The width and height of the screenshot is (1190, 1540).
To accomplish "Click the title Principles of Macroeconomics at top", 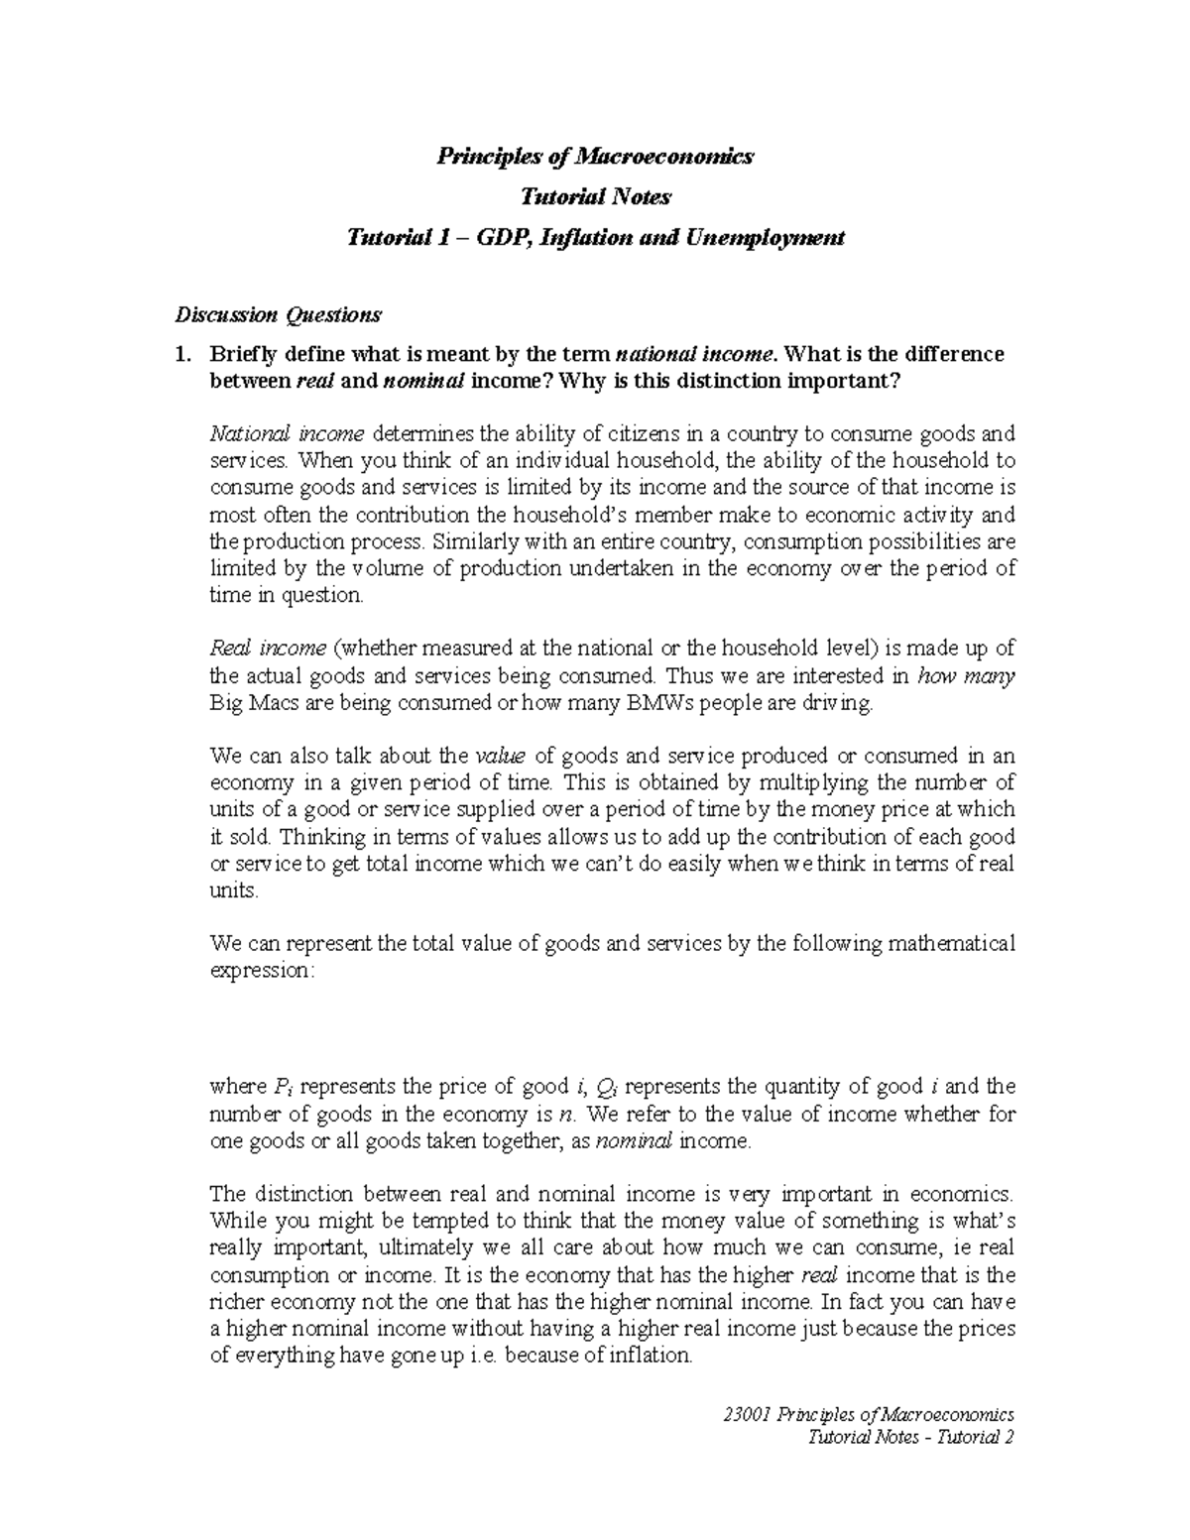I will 596,157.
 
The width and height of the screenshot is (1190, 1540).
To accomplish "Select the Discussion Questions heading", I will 278,315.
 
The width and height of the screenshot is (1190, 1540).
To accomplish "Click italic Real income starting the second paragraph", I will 268,649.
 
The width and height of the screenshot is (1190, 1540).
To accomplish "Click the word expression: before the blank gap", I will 262,970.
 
